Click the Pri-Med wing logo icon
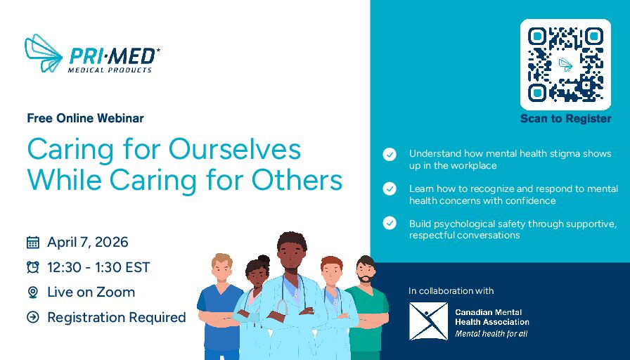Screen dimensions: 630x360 (44, 53)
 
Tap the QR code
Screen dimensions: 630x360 (565, 65)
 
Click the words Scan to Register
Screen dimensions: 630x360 (566, 119)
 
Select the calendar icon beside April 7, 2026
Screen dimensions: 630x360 (33, 243)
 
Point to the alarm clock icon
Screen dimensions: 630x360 (33, 267)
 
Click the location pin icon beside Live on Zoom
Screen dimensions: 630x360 (33, 292)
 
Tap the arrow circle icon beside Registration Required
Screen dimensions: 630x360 (33, 317)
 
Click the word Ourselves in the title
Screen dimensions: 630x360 (235, 150)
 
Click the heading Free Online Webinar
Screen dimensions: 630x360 (86, 118)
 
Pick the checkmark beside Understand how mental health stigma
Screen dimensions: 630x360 (390, 154)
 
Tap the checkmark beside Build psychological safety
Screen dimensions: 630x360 (390, 223)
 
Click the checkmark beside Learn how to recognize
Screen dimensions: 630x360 (390, 188)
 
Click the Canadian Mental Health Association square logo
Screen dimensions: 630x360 (428, 321)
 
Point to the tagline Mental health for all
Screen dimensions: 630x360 (491, 333)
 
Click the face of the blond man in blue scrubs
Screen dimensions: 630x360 (222, 270)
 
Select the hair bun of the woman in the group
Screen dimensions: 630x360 (264, 259)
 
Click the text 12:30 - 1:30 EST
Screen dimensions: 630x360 (98, 267)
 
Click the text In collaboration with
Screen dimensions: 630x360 (451, 290)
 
